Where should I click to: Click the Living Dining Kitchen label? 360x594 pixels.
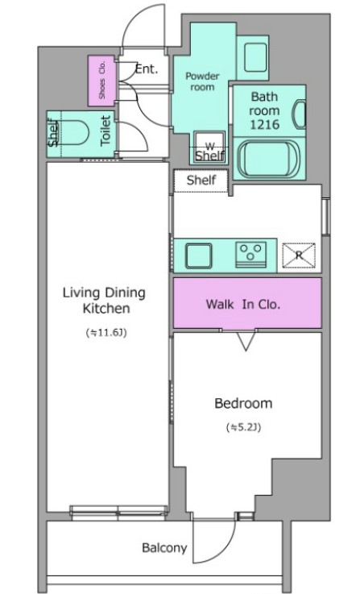pyautogui.click(x=104, y=301)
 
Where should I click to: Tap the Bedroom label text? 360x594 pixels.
pyautogui.click(x=243, y=403)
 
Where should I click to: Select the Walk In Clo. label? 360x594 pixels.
pyautogui.click(x=243, y=304)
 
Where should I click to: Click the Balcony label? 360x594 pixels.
pyautogui.click(x=164, y=548)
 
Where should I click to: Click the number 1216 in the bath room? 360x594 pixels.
pyautogui.click(x=265, y=124)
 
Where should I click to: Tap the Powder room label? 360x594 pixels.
pyautogui.click(x=202, y=81)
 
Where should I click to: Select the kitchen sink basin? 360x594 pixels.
pyautogui.click(x=198, y=255)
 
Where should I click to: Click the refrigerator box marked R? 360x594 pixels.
pyautogui.click(x=299, y=255)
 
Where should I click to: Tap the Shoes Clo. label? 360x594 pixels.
pyautogui.click(x=101, y=81)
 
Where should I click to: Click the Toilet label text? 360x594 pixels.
pyautogui.click(x=106, y=131)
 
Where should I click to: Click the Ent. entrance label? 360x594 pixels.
pyautogui.click(x=146, y=69)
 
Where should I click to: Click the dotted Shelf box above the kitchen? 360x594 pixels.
pyautogui.click(x=201, y=181)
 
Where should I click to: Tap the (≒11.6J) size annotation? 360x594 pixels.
pyautogui.click(x=106, y=333)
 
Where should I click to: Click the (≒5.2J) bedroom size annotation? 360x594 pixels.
pyautogui.click(x=244, y=428)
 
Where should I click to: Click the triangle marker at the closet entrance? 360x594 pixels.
pyautogui.click(x=246, y=341)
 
